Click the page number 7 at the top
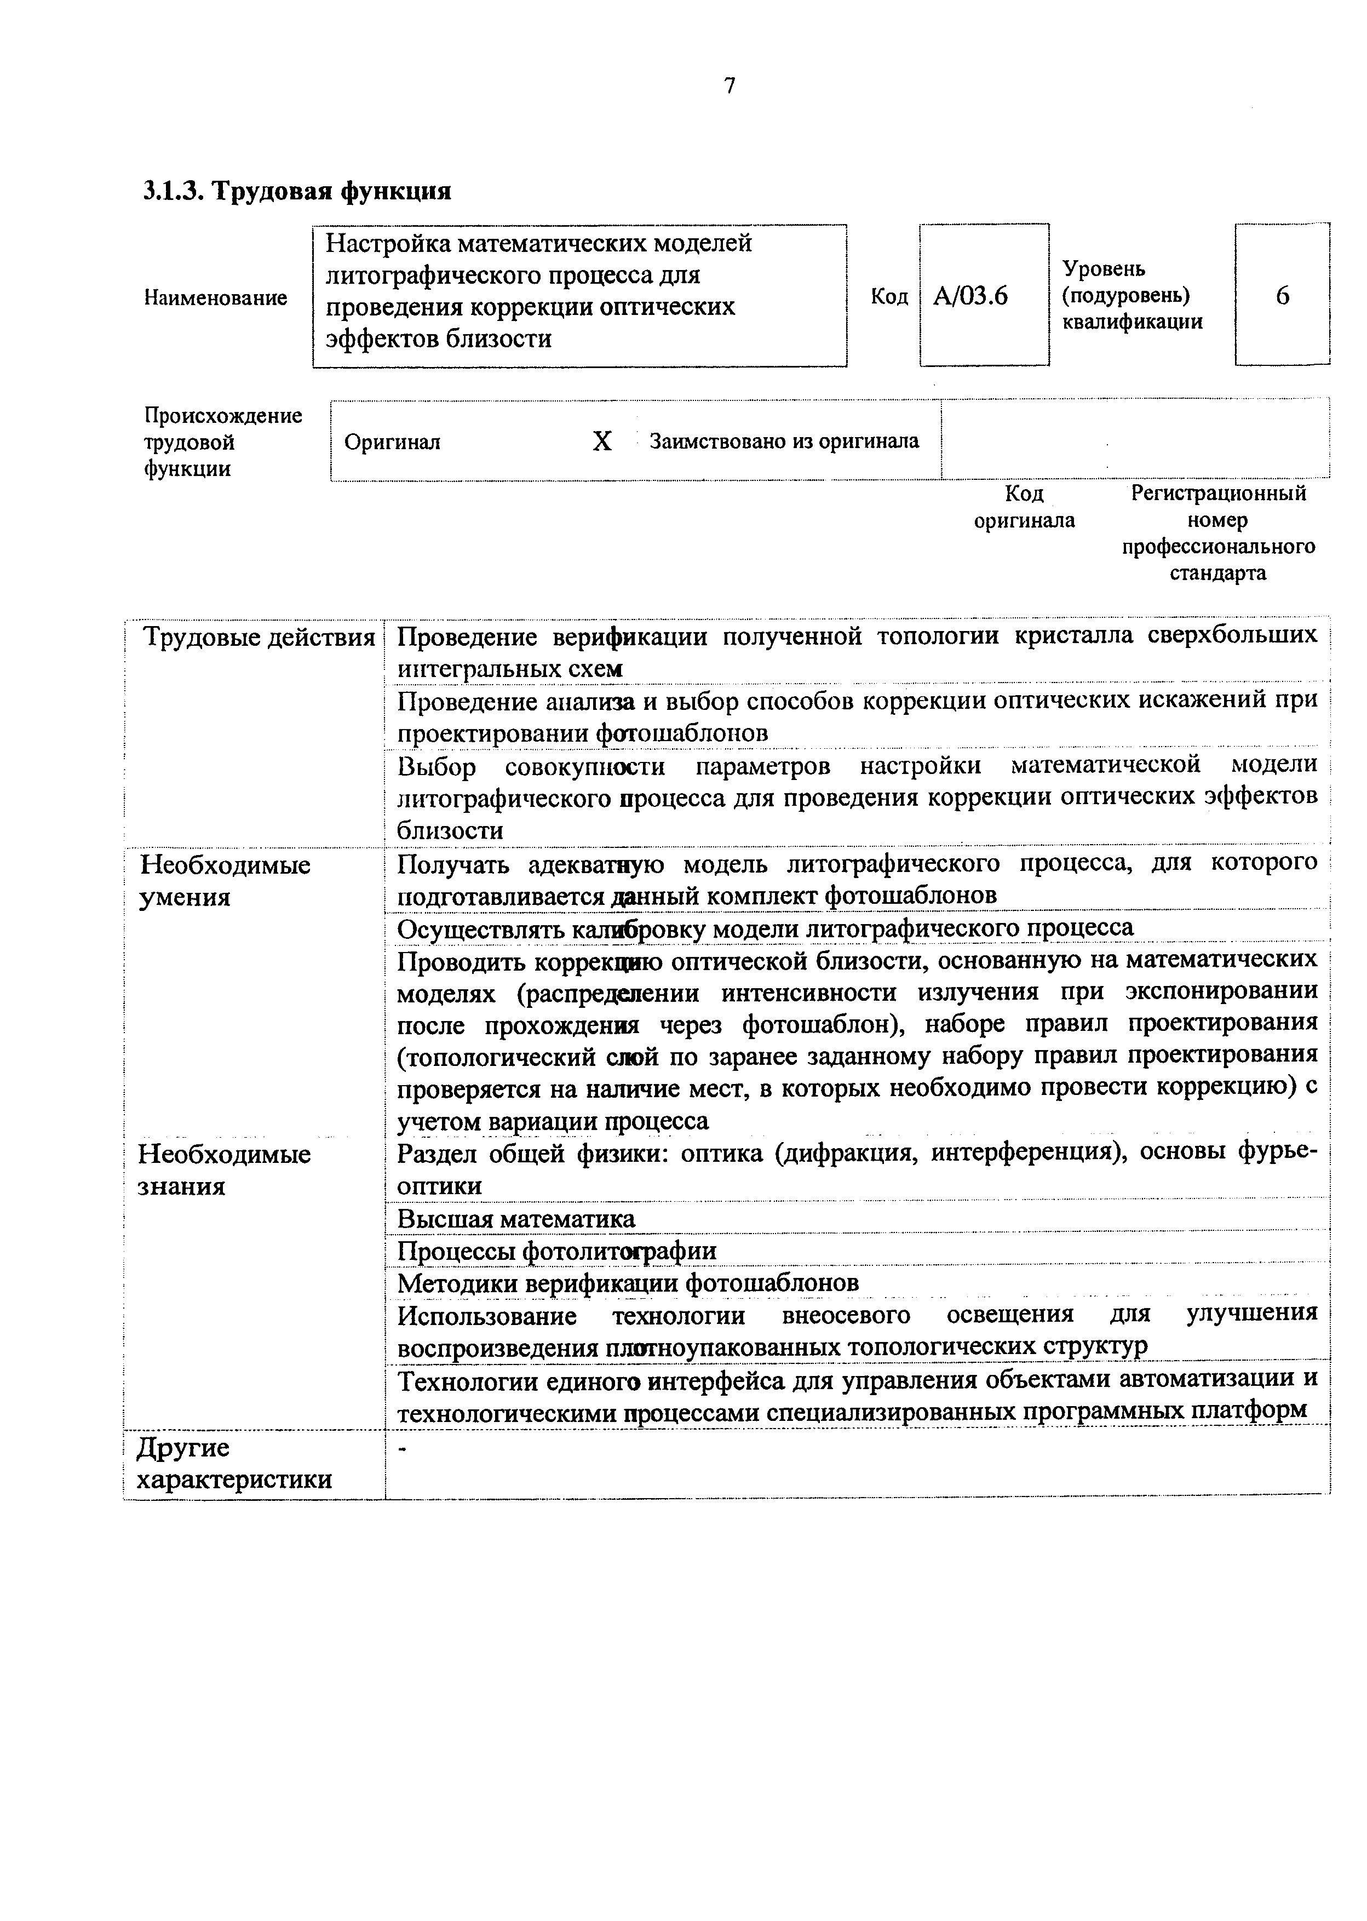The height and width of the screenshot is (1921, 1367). point(730,86)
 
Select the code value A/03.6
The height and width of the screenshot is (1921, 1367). point(970,296)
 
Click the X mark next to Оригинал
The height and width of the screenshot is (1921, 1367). point(602,441)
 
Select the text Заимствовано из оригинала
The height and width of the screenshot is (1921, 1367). point(784,441)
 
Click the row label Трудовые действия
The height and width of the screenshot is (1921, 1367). point(259,637)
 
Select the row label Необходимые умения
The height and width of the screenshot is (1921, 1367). point(225,881)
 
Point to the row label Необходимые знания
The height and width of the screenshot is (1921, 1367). point(225,1169)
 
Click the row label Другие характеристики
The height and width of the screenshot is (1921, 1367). point(234,1463)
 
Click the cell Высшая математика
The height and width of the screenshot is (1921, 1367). point(516,1219)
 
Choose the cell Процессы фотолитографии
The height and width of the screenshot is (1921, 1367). point(556,1251)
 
